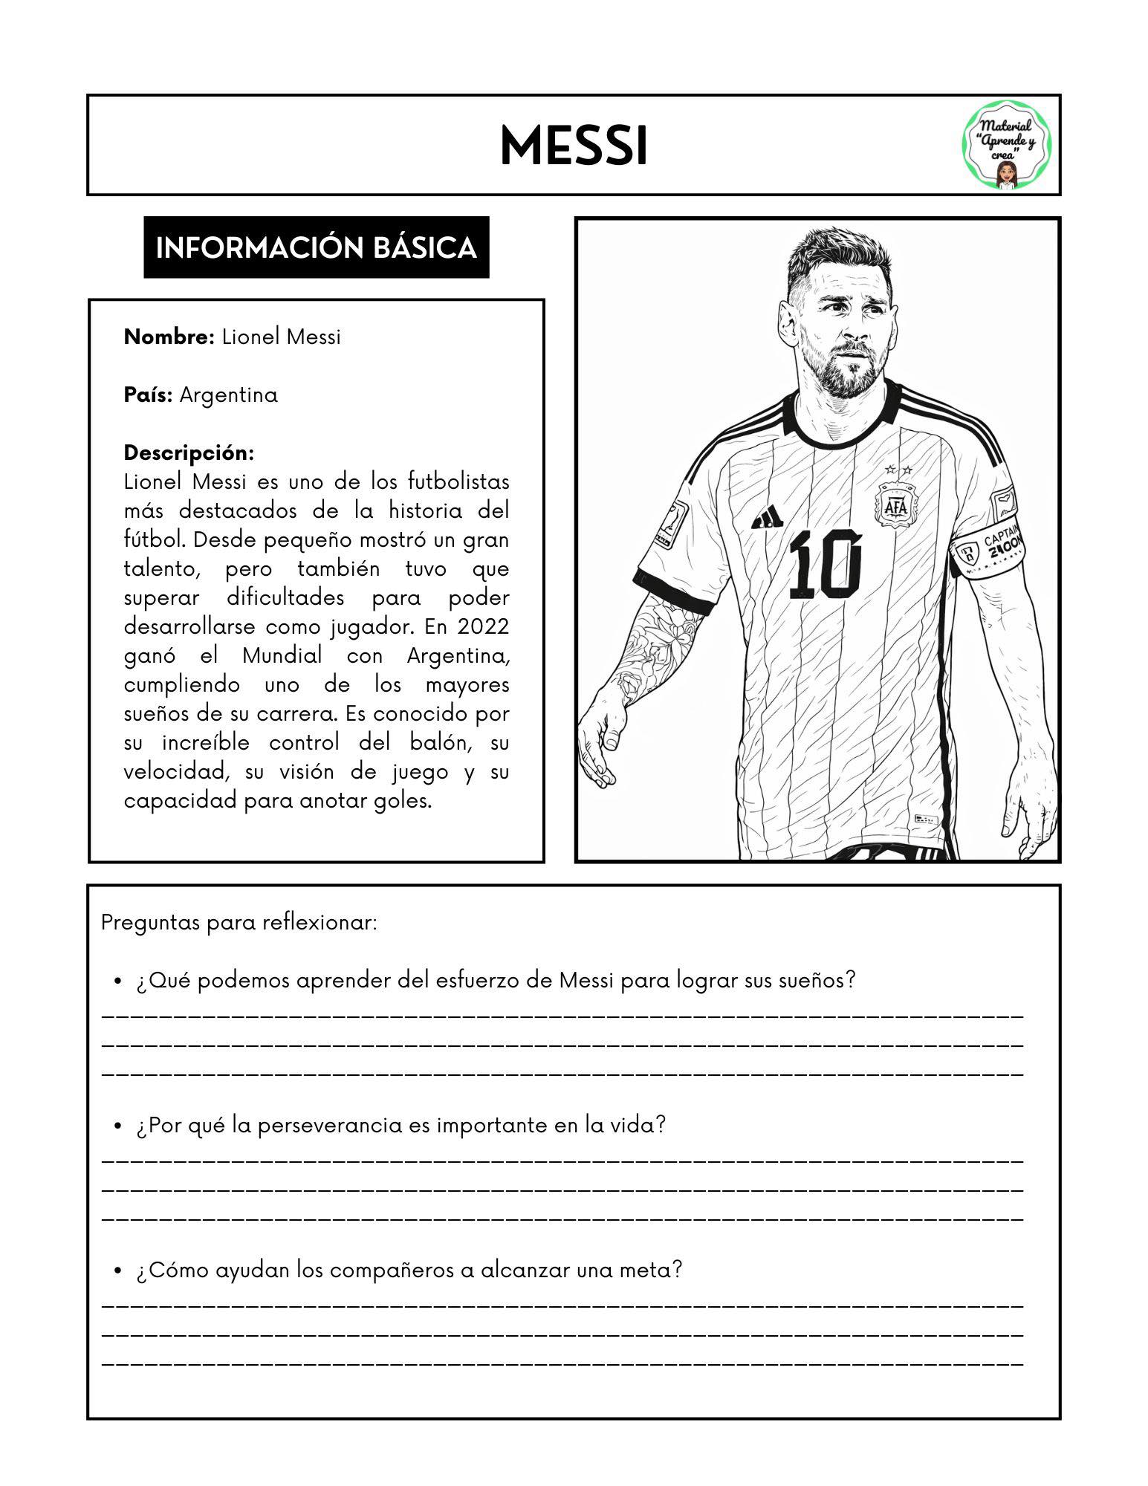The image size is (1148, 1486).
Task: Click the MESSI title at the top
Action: pyautogui.click(x=574, y=146)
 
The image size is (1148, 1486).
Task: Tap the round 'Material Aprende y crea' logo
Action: pyautogui.click(x=1007, y=146)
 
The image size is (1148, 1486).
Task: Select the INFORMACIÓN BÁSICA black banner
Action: pyautogui.click(x=316, y=247)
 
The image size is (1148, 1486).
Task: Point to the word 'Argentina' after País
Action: pyautogui.click(x=229, y=395)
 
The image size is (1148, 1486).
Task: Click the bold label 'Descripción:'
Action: pyautogui.click(x=189, y=452)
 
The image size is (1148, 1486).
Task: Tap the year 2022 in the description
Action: pyautogui.click(x=483, y=626)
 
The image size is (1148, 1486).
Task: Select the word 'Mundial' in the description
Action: pyautogui.click(x=282, y=655)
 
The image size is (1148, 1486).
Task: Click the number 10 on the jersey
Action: pyautogui.click(x=826, y=565)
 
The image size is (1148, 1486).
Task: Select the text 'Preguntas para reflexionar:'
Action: pyautogui.click(x=239, y=923)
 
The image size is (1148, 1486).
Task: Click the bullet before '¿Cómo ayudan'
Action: pyautogui.click(x=117, y=1271)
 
